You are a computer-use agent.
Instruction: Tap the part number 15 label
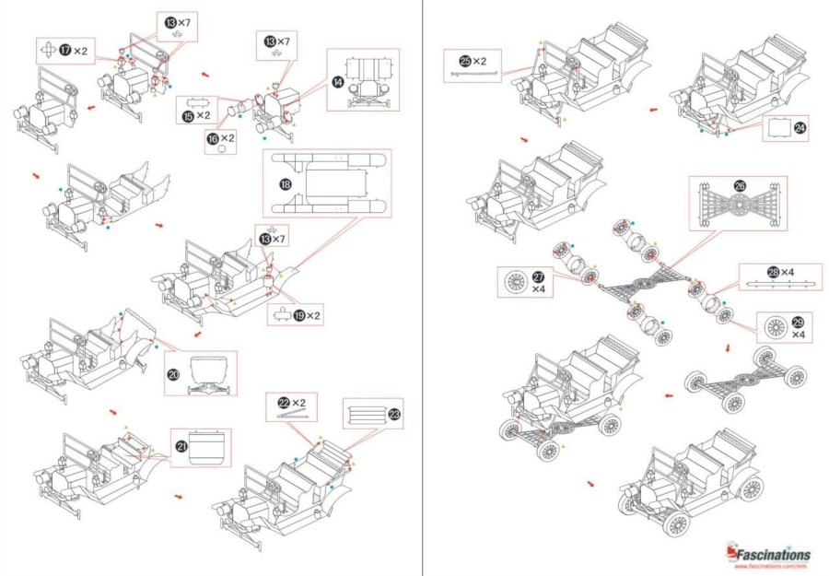tap(188, 115)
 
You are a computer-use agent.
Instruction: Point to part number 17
tap(65, 49)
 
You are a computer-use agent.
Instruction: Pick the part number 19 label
tap(299, 315)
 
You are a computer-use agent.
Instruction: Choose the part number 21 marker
tap(181, 446)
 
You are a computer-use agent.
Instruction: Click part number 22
tap(285, 402)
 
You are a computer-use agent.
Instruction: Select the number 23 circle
tap(394, 415)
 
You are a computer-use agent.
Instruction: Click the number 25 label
tap(466, 60)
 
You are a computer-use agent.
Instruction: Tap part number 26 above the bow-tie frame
tap(740, 185)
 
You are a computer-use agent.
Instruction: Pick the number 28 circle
tap(774, 271)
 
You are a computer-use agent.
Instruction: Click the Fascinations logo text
tap(772, 554)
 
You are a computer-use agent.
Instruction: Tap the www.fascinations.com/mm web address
tap(772, 566)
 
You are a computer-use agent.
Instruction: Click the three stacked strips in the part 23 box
tap(364, 414)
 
